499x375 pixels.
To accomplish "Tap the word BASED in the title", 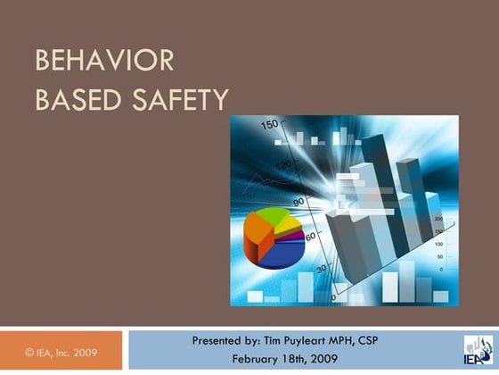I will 71,99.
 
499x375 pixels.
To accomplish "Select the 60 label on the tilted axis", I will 311,236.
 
